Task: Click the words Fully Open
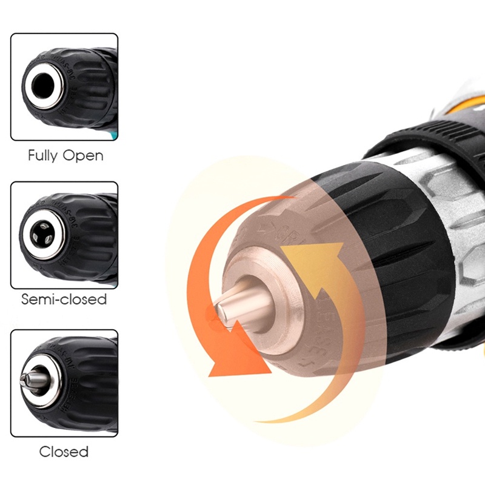[65, 155]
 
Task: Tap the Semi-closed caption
[64, 299]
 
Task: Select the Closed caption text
[64, 452]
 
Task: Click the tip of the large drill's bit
[221, 312]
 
